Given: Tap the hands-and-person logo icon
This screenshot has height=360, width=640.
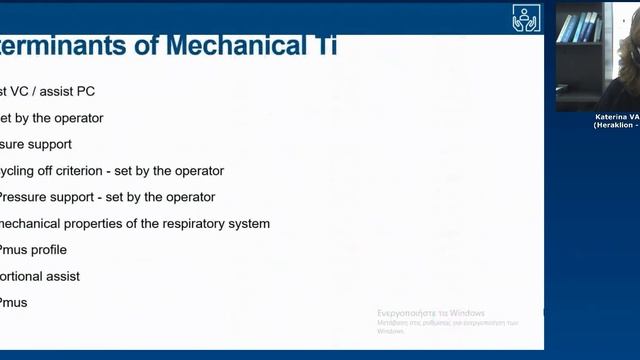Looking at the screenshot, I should pyautogui.click(x=526, y=19).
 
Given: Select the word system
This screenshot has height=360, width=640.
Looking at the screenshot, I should pyautogui.click(x=247, y=223).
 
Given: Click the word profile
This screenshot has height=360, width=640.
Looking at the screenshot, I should pyautogui.click(x=49, y=250).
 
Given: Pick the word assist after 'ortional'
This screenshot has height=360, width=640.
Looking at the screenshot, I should pyautogui.click(x=62, y=276).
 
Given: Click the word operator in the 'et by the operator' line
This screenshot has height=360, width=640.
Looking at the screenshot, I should pyautogui.click(x=78, y=118).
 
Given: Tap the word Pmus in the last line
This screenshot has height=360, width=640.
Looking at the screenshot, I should pyautogui.click(x=13, y=302).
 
